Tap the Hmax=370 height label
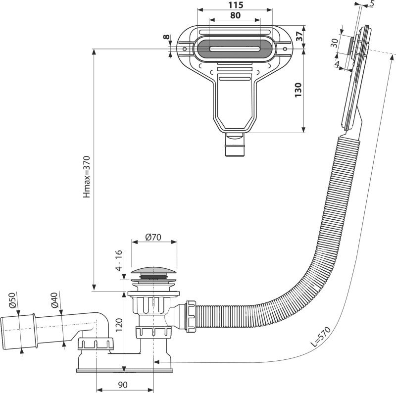(88, 171)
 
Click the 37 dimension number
(297, 37)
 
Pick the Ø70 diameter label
(154, 237)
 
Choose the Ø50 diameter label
(11, 301)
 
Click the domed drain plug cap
(154, 271)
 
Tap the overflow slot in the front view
(235, 49)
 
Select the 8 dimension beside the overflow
(167, 38)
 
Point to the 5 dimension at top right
(372, 4)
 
